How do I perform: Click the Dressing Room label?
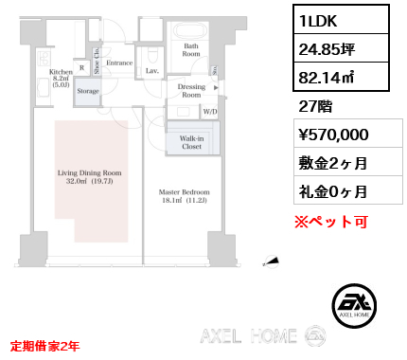191,91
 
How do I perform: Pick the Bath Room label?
191,49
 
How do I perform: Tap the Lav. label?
151,70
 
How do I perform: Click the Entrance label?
119,63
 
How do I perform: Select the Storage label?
88,91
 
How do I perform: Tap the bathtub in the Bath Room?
190,27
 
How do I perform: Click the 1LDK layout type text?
322,20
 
